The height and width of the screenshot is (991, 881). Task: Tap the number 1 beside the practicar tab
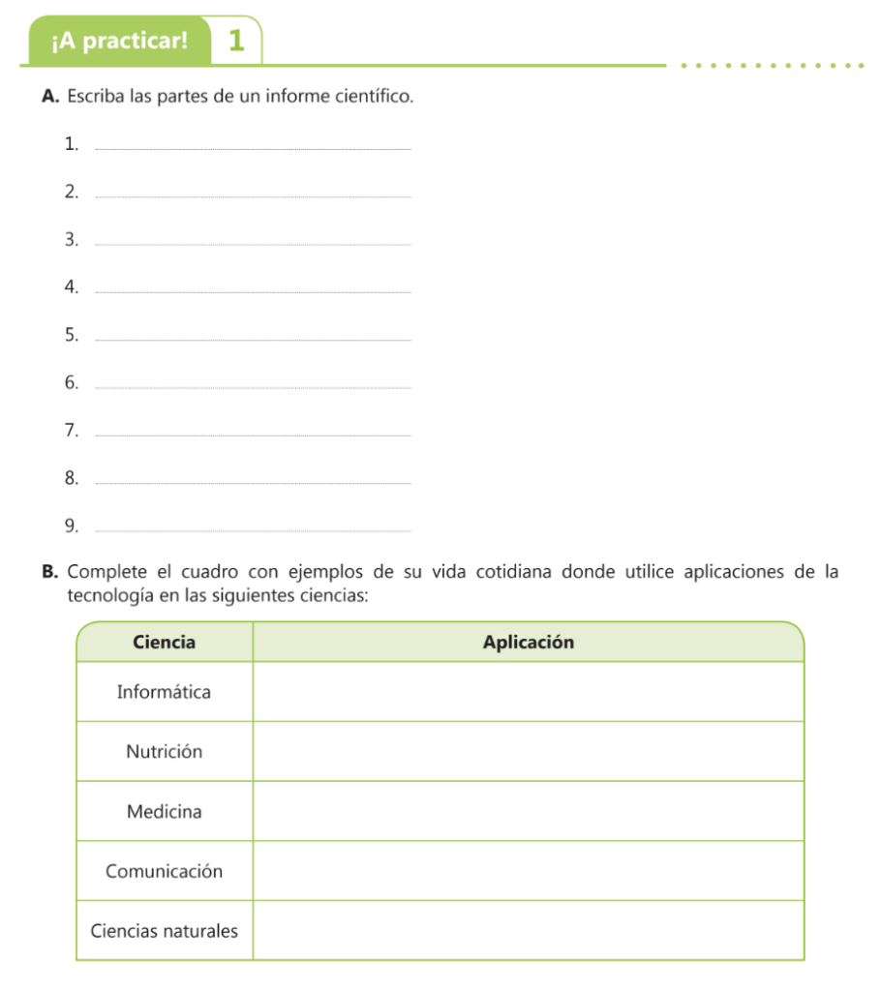[236, 42]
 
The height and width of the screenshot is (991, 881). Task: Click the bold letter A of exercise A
[50, 97]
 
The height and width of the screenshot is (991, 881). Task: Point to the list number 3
[71, 240]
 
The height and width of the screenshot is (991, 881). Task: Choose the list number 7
[71, 431]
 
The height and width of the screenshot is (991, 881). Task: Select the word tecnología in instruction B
[110, 594]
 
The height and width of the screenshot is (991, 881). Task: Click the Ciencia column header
[164, 642]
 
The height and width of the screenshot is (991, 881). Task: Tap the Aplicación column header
[528, 642]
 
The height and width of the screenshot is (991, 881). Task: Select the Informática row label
[164, 692]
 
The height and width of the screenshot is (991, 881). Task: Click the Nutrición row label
[164, 752]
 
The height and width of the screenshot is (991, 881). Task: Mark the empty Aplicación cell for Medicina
[528, 811]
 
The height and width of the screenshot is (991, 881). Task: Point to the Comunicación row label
[164, 871]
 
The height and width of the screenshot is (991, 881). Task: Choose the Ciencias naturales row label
[164, 931]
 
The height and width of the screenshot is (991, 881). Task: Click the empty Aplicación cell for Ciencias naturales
[528, 931]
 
